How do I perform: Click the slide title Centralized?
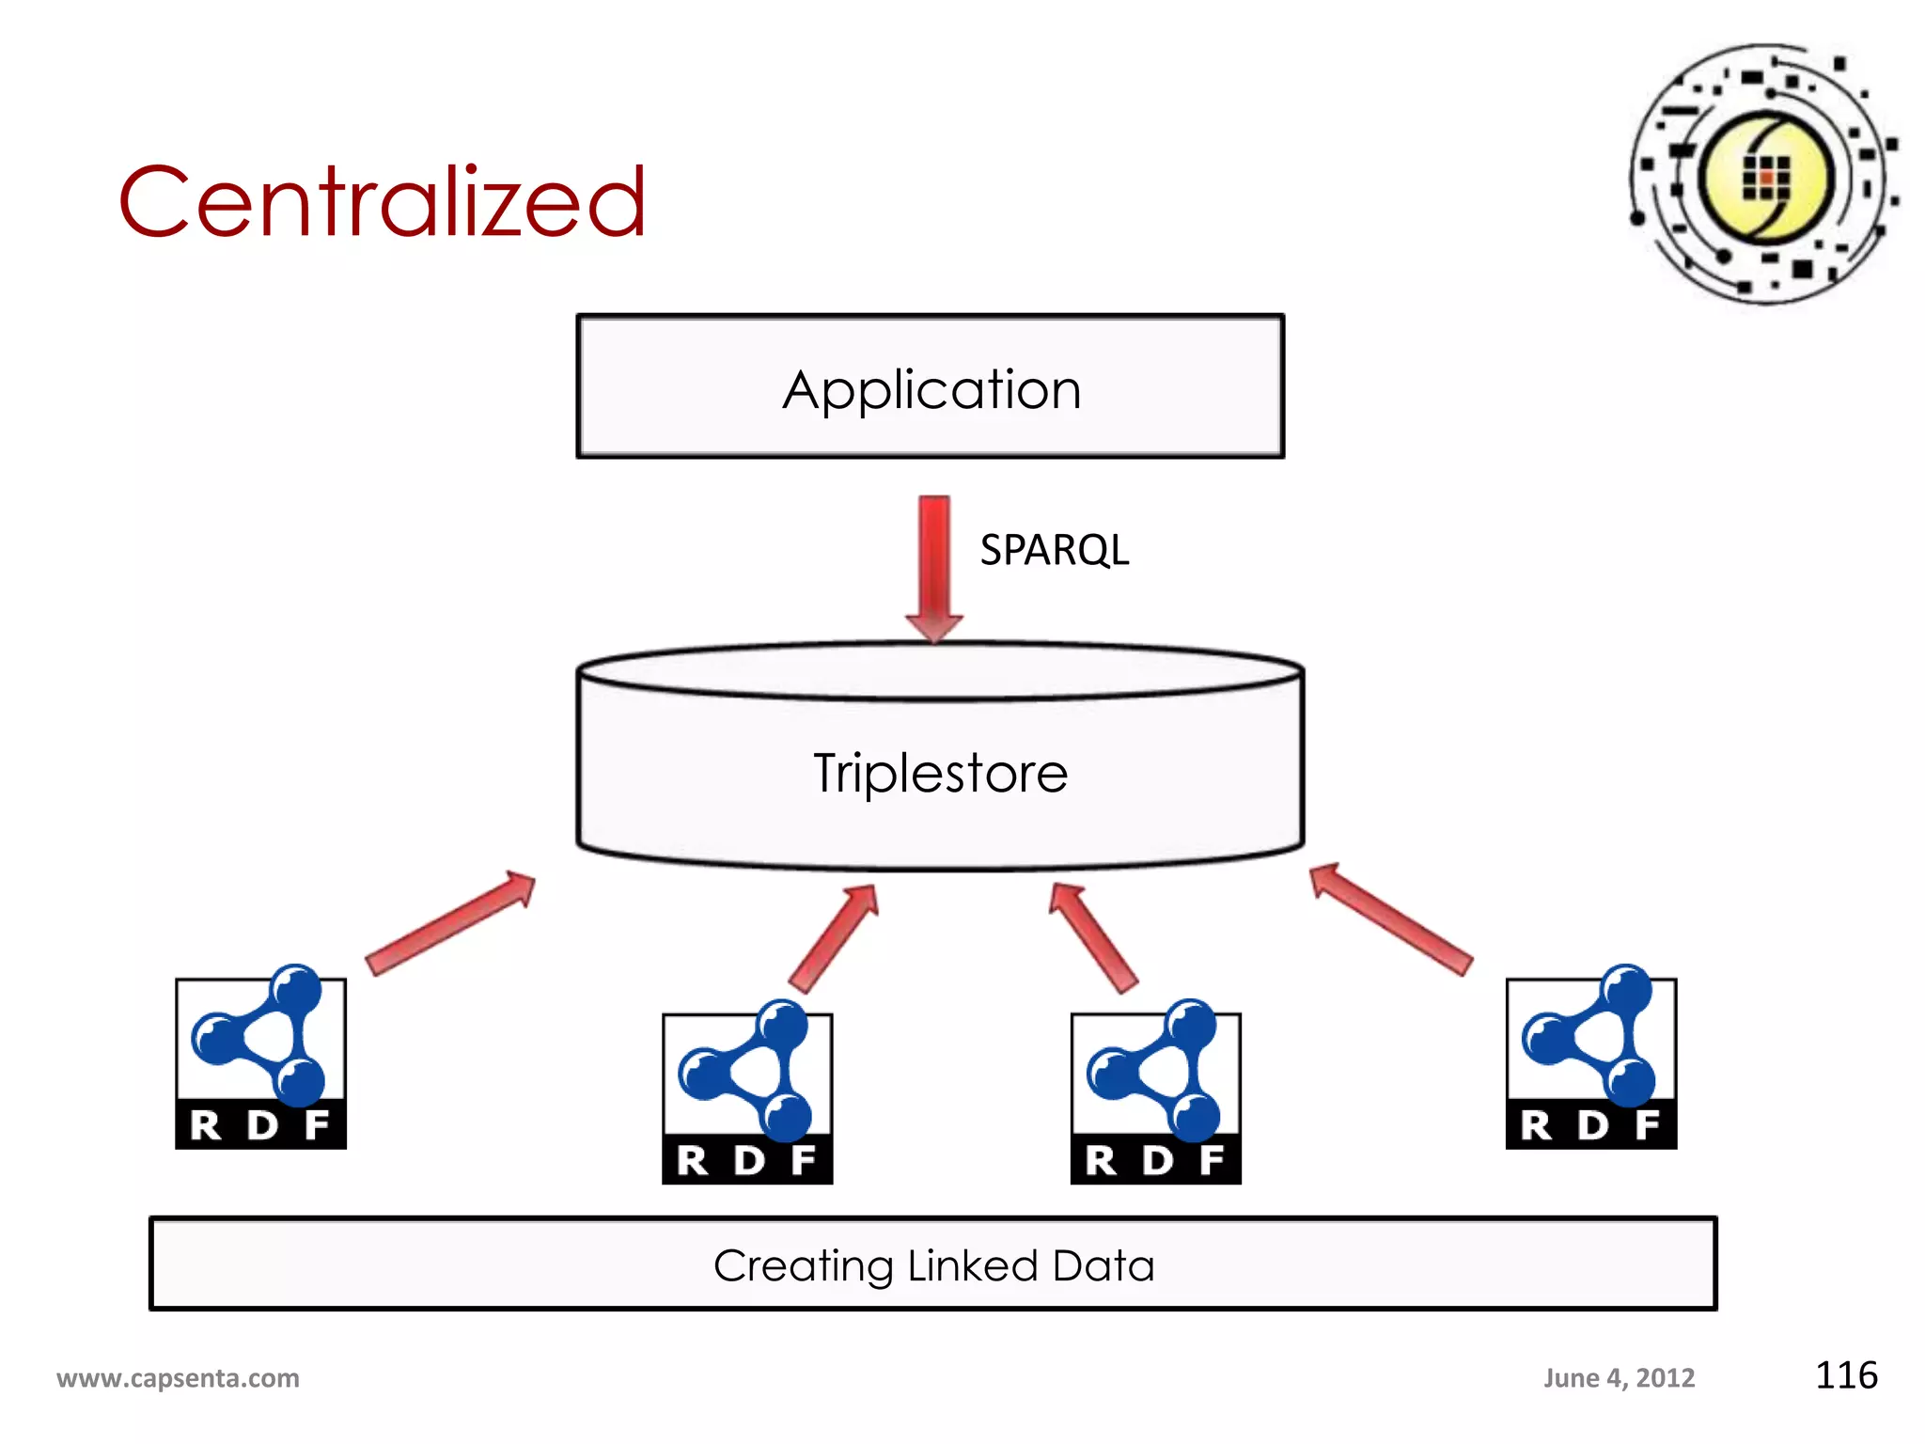coord(382,201)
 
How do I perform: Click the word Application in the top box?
coord(931,389)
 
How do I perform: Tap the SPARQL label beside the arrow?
coord(1054,550)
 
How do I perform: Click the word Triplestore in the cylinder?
coord(940,773)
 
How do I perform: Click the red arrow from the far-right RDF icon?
coord(1391,919)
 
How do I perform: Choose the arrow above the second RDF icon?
coord(834,937)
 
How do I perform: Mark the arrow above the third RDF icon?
coord(1093,937)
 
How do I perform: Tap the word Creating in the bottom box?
coord(803,1265)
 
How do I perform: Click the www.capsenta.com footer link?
coord(178,1378)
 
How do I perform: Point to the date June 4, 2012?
coord(1619,1378)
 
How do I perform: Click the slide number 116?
coord(1845,1375)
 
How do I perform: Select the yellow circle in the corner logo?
coord(1766,177)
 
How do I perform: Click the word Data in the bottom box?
coord(1103,1265)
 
